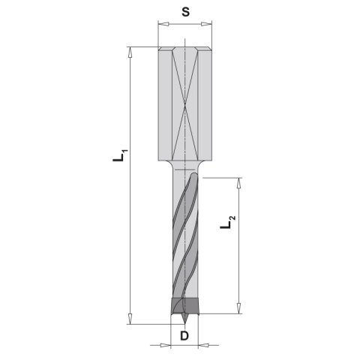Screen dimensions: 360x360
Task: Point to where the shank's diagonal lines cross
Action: click(x=183, y=104)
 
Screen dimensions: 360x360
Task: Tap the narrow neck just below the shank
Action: click(x=183, y=164)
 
